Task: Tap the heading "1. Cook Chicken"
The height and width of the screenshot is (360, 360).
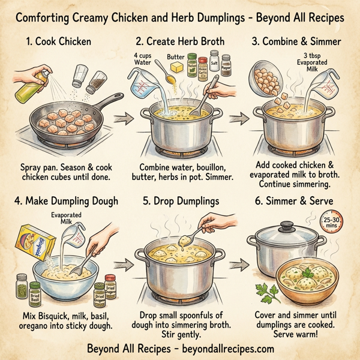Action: pos(58,43)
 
